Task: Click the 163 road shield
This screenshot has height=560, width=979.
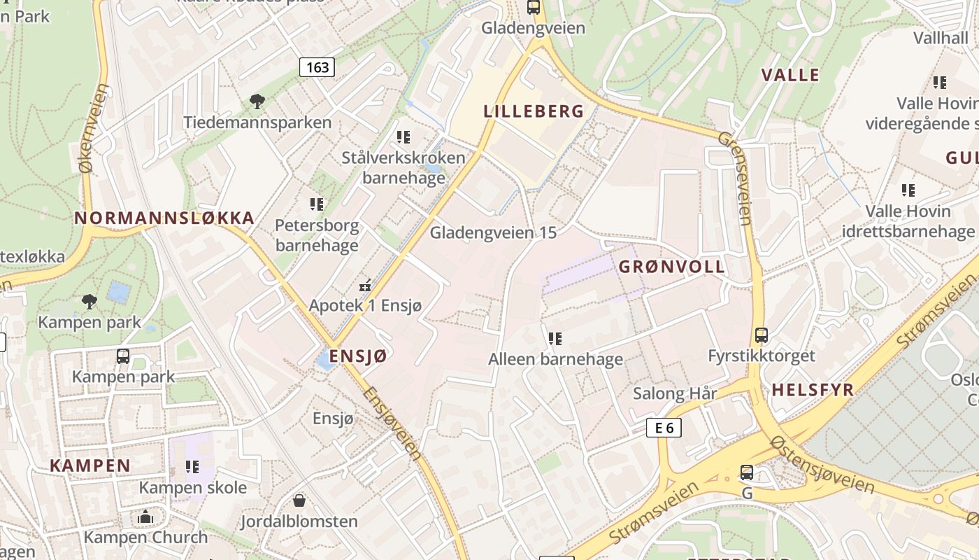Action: click(317, 67)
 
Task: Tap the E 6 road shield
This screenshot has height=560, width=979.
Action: click(664, 428)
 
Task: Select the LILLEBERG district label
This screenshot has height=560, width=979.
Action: click(534, 111)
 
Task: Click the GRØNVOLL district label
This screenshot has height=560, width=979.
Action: click(672, 267)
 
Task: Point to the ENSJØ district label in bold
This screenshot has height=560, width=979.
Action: click(358, 356)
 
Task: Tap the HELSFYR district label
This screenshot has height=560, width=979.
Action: click(813, 390)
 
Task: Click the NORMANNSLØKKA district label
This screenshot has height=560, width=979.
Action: click(164, 218)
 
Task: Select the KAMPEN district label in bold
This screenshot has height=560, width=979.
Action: click(90, 465)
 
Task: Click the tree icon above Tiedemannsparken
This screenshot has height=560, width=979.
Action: click(257, 101)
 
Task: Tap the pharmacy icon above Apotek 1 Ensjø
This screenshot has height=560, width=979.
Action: click(364, 286)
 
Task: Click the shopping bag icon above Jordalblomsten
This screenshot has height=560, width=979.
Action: click(299, 500)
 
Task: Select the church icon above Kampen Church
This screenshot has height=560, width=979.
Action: click(145, 517)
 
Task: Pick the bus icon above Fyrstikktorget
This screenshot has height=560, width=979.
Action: click(762, 335)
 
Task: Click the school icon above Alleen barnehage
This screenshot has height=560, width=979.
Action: click(555, 339)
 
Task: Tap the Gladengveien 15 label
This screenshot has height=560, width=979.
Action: click(493, 232)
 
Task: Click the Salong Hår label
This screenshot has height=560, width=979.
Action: click(675, 393)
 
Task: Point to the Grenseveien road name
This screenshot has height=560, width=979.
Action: click(734, 178)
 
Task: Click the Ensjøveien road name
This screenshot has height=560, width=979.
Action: click(393, 423)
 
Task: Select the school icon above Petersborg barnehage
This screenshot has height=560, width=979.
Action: click(317, 204)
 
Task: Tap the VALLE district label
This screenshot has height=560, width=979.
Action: click(790, 75)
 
